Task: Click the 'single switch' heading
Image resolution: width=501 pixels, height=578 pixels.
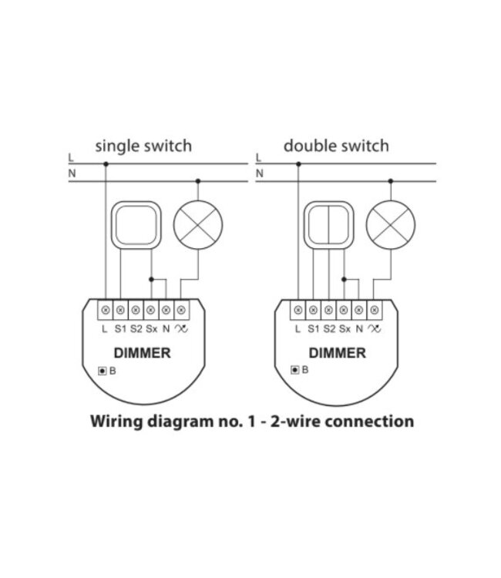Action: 143,145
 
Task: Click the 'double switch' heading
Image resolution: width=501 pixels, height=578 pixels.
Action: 335,145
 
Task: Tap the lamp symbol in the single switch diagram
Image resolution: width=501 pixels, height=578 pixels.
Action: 198,226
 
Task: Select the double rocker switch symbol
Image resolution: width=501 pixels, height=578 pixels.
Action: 328,226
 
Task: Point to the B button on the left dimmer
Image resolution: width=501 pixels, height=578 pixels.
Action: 103,371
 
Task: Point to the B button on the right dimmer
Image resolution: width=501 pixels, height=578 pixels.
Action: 295,371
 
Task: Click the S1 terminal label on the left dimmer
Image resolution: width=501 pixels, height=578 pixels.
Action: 119,328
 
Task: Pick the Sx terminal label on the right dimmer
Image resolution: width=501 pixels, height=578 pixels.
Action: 345,328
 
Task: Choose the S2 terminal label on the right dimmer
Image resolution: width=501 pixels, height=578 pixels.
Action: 329,328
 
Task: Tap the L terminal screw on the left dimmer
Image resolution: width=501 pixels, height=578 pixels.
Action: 105,310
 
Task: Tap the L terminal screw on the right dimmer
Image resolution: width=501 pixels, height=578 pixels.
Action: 298,310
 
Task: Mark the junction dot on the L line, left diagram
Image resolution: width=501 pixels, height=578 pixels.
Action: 105,163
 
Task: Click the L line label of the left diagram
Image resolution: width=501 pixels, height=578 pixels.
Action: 72,158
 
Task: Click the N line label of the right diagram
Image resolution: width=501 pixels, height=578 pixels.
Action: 259,174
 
